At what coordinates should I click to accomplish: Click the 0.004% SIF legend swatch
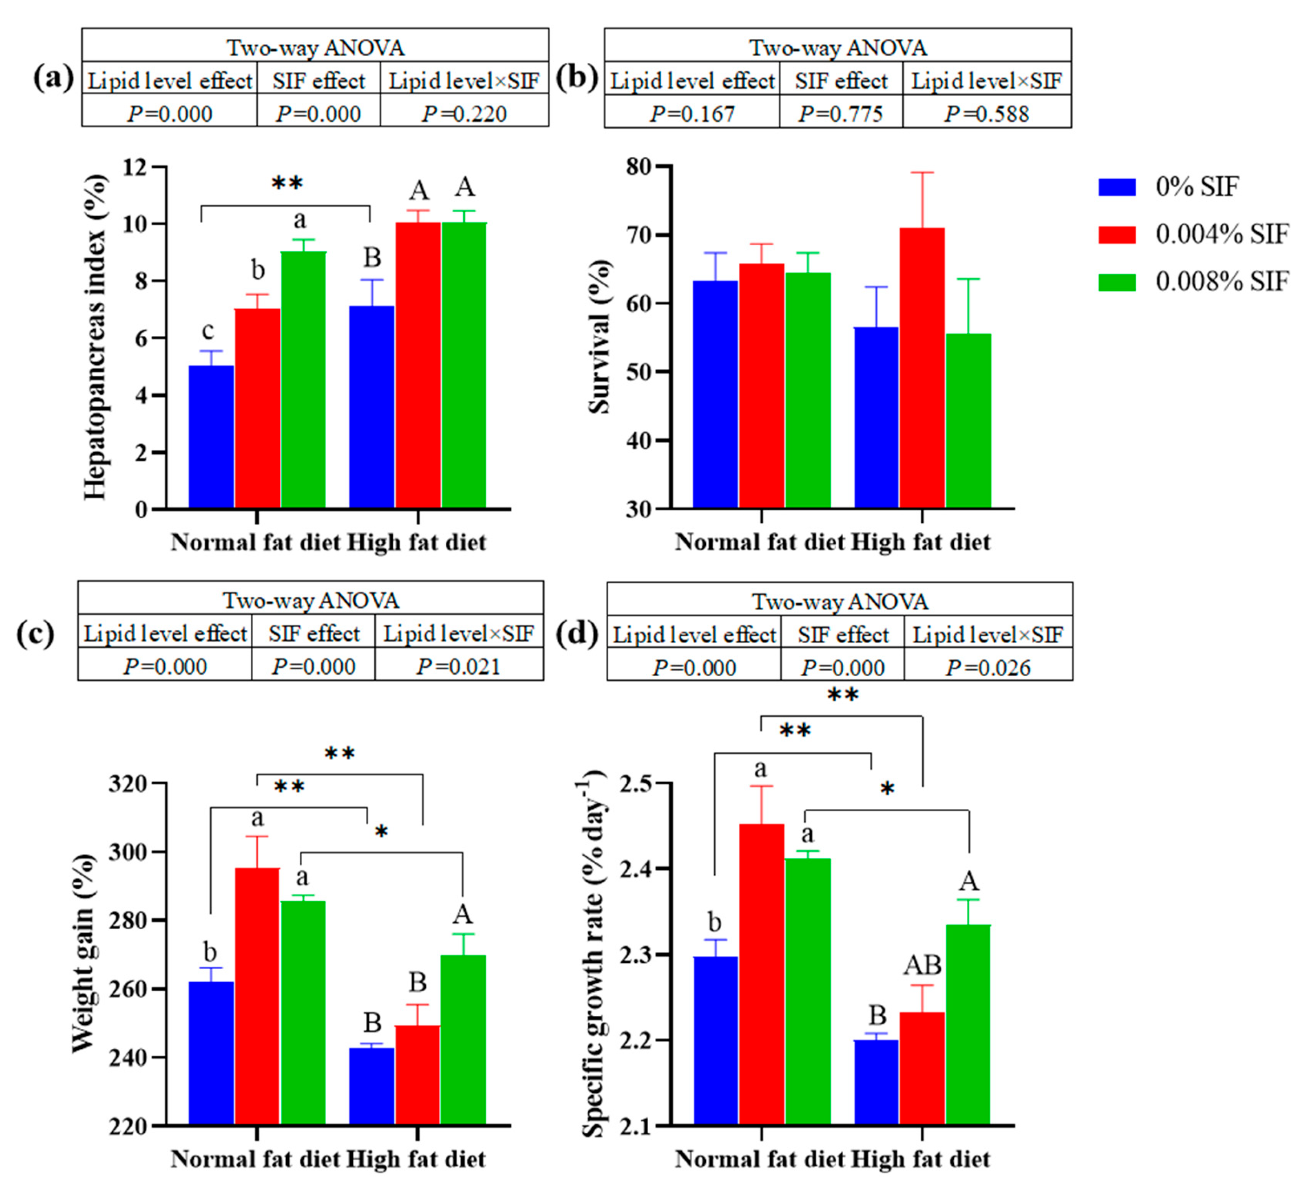pyautogui.click(x=1117, y=234)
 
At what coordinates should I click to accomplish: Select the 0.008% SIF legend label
pyautogui.click(x=1222, y=282)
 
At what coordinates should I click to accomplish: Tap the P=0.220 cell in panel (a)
pyautogui.click(x=464, y=114)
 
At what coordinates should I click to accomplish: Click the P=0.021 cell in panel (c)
pyautogui.click(x=459, y=667)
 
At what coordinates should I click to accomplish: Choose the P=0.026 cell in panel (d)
pyautogui.click(x=988, y=668)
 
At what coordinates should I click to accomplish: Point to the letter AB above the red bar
pyautogui.click(x=922, y=966)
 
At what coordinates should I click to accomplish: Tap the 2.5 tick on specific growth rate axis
pyautogui.click(x=639, y=783)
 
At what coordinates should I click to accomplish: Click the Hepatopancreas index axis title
pyautogui.click(x=95, y=337)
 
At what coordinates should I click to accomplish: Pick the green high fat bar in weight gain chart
pyautogui.click(x=463, y=1039)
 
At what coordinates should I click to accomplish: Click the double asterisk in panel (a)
pyautogui.click(x=287, y=183)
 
